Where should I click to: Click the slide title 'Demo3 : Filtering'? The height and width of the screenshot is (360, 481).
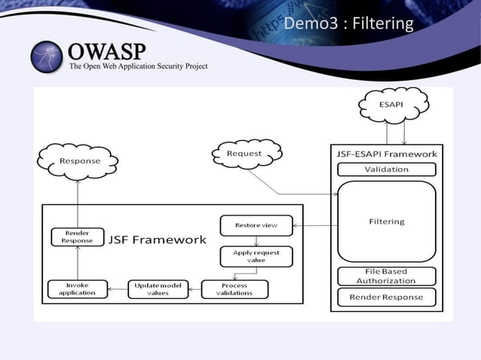pyautogui.click(x=348, y=24)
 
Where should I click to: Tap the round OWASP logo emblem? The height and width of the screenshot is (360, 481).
pyautogui.click(x=47, y=57)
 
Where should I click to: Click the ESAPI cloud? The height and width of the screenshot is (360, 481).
pyautogui.click(x=395, y=105)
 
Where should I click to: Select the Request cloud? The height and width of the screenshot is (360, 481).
pyautogui.click(x=244, y=154)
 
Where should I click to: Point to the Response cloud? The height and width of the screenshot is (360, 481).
pyautogui.click(x=79, y=161)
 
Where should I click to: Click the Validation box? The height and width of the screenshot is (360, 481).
pyautogui.click(x=386, y=169)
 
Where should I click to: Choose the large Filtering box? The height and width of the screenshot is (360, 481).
pyautogui.click(x=386, y=221)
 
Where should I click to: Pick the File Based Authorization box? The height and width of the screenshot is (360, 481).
pyautogui.click(x=386, y=276)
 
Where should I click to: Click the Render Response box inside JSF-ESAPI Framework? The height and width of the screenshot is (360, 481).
pyautogui.click(x=386, y=297)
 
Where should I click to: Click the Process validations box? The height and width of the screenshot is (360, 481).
pyautogui.click(x=234, y=289)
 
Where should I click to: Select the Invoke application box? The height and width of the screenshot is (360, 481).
pyautogui.click(x=77, y=289)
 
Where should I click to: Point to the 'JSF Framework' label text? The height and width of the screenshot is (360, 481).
pyautogui.click(x=157, y=240)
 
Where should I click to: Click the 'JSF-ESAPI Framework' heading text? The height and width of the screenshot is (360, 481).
pyautogui.click(x=386, y=154)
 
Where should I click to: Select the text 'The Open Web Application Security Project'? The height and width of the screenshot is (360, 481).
pyautogui.click(x=138, y=66)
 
